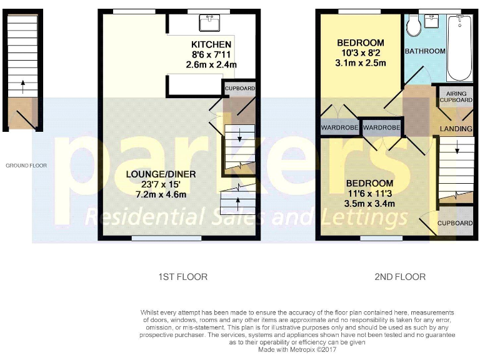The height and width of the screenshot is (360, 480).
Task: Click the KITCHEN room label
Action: click(211, 44)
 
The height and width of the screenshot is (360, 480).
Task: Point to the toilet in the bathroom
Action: click(412, 25)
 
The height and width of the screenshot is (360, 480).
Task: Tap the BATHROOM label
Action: click(425, 51)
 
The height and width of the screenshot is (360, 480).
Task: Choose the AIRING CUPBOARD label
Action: click(456, 96)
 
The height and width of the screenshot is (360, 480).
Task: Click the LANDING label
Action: click(456, 129)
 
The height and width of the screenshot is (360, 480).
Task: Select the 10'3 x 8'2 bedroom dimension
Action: click(361, 53)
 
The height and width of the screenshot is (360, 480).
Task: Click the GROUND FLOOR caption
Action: click(26, 166)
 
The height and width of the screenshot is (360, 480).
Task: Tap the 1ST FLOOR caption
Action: click(182, 276)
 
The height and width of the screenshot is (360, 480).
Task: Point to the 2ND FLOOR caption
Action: click(400, 276)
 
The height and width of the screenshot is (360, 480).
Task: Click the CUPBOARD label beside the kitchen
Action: click(240, 89)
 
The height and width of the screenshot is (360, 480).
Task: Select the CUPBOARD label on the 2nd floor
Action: click(454, 223)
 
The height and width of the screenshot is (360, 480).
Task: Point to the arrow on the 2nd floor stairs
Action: click(457, 149)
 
